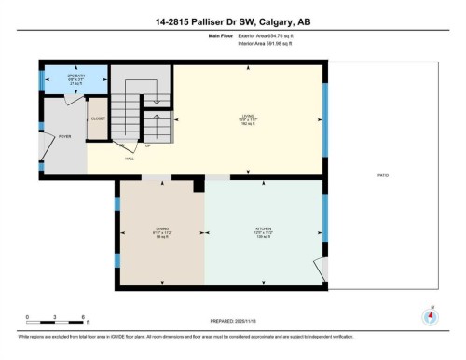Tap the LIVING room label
[x=247, y=117]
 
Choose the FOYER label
[x=64, y=136]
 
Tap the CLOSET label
[x=98, y=118]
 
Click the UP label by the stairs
[x=147, y=146]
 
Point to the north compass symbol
[x=430, y=315]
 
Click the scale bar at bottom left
[x=56, y=322]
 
